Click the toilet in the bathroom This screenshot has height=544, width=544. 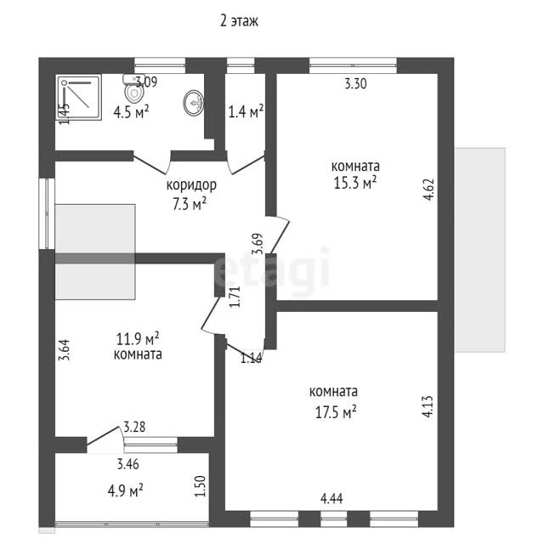tap(133, 88)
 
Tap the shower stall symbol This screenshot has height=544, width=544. tap(79, 97)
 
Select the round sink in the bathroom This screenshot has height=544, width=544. tap(194, 103)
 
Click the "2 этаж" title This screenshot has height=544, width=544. tap(239, 21)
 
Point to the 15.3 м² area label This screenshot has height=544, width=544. tap(355, 183)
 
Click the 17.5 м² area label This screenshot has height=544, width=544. tap(336, 412)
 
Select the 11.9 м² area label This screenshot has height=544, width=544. tap(138, 338)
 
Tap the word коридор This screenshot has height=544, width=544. tap(191, 185)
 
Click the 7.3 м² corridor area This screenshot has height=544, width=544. tap(190, 204)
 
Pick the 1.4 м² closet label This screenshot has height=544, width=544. tap(246, 111)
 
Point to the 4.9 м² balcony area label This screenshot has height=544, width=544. tap(125, 491)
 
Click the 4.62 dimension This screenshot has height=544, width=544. tap(429, 190)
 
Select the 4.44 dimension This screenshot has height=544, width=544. tap(331, 499)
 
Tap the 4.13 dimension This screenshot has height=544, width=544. tap(428, 406)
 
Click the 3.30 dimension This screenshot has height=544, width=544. tap(355, 84)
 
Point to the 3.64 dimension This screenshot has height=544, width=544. tap(65, 350)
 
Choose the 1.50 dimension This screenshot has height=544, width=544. tap(201, 486)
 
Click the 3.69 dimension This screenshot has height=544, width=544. tap(258, 244)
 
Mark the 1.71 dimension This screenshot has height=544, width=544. tap(235, 297)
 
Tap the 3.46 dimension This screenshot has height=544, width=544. tap(128, 464)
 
